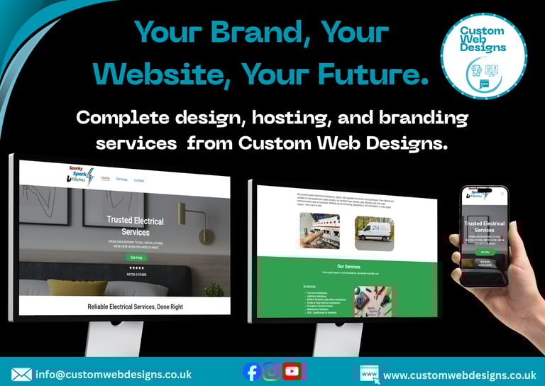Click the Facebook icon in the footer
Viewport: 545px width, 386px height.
251,371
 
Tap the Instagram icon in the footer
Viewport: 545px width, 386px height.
271,371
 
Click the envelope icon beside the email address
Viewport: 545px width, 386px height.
21,374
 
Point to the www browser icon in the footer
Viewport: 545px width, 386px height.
368,374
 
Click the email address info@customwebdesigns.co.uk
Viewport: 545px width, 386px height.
113,374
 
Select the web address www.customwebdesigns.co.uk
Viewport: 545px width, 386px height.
459,375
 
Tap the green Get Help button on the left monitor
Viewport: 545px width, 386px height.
135,257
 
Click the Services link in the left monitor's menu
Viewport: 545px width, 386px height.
122,180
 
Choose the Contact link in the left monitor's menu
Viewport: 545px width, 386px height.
139,180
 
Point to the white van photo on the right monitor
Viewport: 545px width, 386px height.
374,233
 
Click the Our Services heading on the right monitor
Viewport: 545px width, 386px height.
348,267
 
